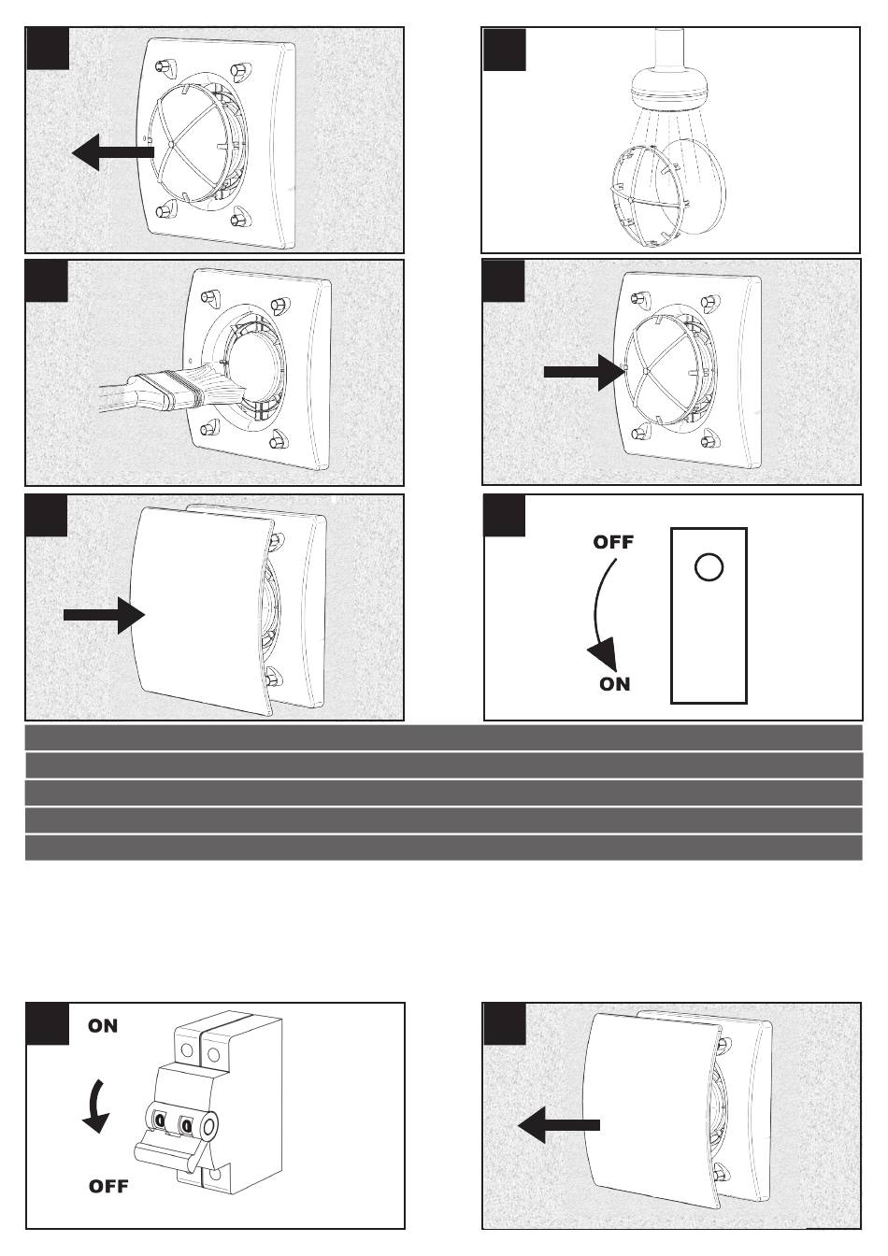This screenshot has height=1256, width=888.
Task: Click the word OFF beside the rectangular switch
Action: (x=613, y=542)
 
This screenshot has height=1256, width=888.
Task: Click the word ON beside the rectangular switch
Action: (x=614, y=684)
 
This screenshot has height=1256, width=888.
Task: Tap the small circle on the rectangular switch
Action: (x=709, y=567)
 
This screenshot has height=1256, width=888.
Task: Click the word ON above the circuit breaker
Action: (x=103, y=1026)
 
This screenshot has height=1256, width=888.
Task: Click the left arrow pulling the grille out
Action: (x=113, y=152)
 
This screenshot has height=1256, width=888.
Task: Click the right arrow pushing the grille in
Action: (x=584, y=372)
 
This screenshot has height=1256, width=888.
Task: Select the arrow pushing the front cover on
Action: (x=105, y=615)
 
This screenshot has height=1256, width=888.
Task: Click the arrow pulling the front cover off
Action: (x=559, y=1125)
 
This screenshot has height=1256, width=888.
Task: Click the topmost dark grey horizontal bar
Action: (x=443, y=737)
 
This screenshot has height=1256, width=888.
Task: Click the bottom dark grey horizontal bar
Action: (x=443, y=848)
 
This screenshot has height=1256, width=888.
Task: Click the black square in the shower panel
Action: (x=505, y=50)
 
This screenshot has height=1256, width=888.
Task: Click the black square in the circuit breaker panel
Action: (x=48, y=1024)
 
